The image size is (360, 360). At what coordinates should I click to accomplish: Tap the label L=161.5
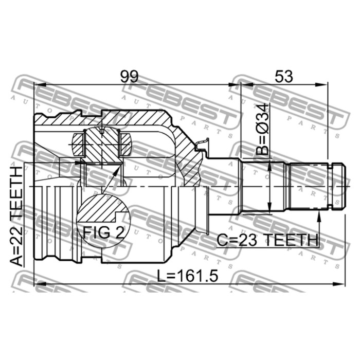[x=188, y=276]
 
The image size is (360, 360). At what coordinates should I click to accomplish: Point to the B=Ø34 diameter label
[x=262, y=130]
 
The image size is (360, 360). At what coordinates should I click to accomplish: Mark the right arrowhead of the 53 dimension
[x=325, y=84]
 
